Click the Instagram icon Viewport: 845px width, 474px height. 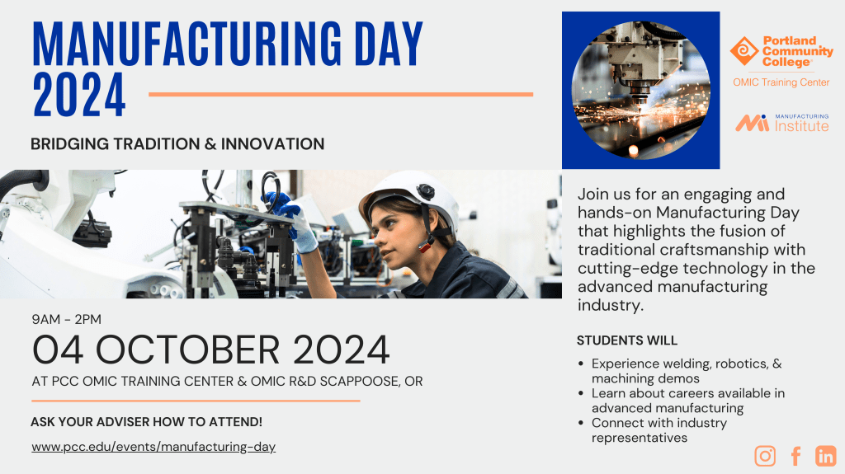click(765, 456)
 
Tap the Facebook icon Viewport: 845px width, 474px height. click(796, 456)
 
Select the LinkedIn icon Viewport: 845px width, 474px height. click(825, 456)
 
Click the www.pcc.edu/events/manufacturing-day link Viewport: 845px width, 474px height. click(153, 447)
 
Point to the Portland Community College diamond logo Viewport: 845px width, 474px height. click(745, 51)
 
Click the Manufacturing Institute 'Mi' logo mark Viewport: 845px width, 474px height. click(753, 124)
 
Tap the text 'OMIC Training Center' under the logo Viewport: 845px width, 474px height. click(781, 82)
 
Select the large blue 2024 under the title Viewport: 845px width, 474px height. click(79, 95)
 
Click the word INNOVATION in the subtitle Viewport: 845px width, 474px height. click(272, 143)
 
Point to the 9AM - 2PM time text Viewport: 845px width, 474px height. click(66, 319)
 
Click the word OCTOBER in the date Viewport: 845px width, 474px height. click(188, 350)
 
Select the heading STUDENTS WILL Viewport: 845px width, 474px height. click(627, 340)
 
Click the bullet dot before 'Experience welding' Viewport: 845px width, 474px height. click(581, 364)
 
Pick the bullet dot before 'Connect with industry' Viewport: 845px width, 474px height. click(581, 424)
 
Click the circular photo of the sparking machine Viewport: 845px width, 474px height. click(640, 90)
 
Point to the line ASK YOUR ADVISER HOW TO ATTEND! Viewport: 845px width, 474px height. click(147, 422)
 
